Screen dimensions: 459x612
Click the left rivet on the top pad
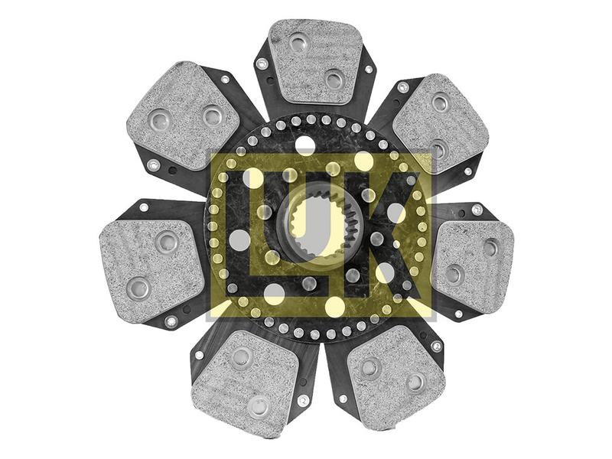click(299, 44)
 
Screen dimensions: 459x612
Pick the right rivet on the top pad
click(334, 78)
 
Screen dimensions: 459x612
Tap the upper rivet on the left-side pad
click(167, 242)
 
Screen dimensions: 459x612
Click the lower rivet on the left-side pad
click(138, 288)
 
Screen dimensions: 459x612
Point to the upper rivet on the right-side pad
click(490, 247)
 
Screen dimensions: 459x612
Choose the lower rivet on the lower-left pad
click(259, 406)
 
